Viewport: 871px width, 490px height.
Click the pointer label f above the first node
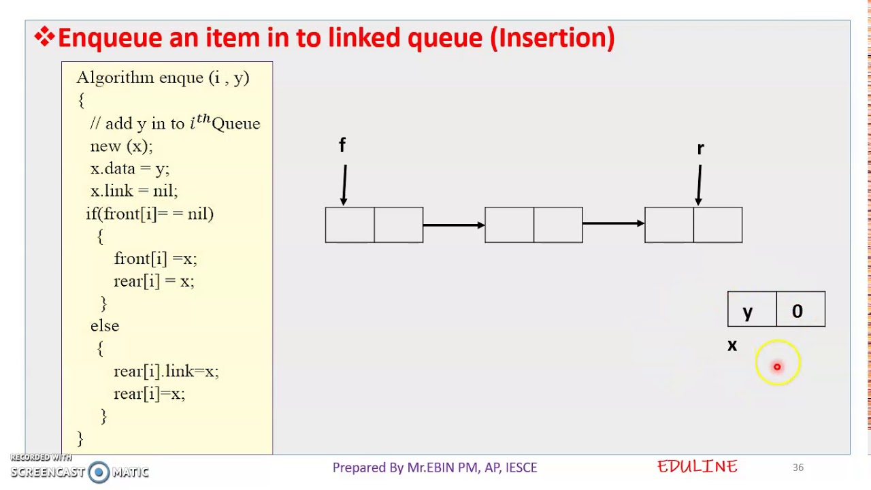342,145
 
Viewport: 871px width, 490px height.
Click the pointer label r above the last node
700,148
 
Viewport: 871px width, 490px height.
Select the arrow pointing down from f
344,184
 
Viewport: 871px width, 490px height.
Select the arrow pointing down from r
699,184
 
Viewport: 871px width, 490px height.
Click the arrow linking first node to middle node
453,225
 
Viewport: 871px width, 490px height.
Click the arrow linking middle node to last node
613,223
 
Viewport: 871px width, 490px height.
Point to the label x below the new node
732,346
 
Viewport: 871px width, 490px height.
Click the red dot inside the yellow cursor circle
777,367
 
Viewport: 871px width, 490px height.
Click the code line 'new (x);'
121,146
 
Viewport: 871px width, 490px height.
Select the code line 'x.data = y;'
129,168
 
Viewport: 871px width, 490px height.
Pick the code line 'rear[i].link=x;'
165,371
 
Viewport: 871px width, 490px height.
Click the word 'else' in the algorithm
105,326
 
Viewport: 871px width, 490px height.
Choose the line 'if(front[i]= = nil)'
150,214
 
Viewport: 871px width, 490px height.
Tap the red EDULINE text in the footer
697,467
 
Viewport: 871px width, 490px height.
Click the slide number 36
798,468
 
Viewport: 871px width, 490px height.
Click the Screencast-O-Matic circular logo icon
99,472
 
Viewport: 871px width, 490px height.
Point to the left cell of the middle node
509,225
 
